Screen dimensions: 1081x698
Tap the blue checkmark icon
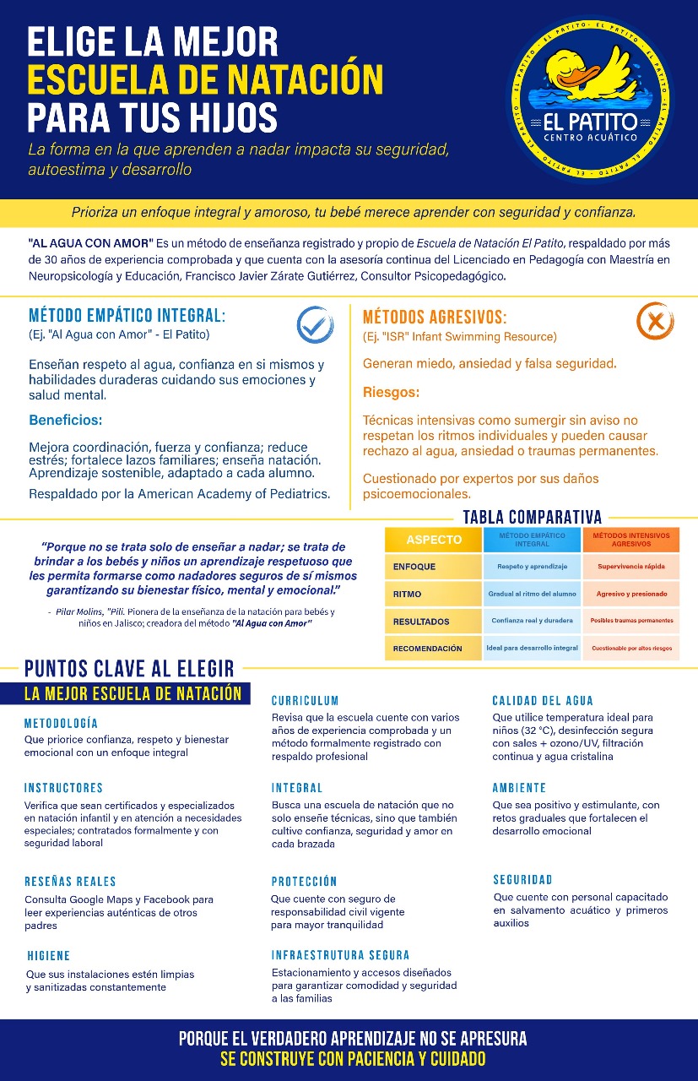coord(315,324)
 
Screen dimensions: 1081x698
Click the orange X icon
coord(654,322)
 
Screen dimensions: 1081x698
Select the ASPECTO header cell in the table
coord(434,540)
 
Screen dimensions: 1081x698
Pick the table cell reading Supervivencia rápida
coord(631,566)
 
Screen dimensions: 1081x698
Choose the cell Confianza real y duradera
coord(533,621)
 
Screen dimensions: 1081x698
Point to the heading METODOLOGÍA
coord(61,724)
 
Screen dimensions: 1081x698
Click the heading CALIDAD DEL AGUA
coord(543,701)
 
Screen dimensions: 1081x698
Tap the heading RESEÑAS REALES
coord(70,882)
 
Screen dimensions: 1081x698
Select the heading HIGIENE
coord(48,956)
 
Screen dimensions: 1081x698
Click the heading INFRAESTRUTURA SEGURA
coord(340,955)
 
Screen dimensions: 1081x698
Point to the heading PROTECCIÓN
coord(304,882)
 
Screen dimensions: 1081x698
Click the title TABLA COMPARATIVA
coord(533,517)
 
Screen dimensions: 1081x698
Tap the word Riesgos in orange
coord(391,393)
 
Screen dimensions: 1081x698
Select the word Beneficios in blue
coord(65,420)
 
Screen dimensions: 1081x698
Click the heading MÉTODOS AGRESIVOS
coord(435,318)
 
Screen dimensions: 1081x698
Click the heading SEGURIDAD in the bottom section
coord(522,880)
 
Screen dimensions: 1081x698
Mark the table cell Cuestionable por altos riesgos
coord(631,648)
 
